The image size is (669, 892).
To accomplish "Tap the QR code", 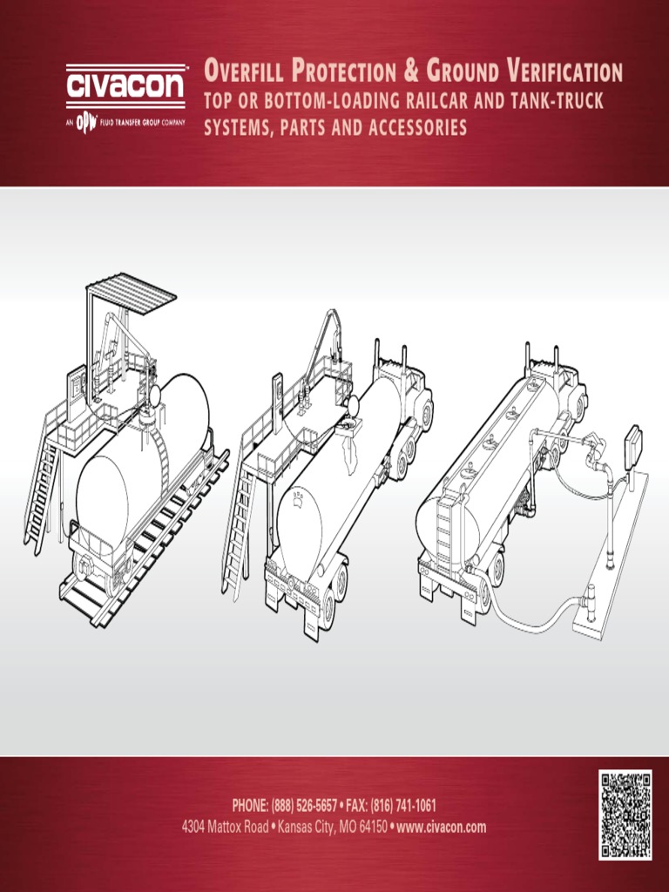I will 625,814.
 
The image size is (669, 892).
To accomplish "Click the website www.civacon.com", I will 442,827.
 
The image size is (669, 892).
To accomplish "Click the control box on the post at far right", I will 633,445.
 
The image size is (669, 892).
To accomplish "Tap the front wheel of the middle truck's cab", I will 425,414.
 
